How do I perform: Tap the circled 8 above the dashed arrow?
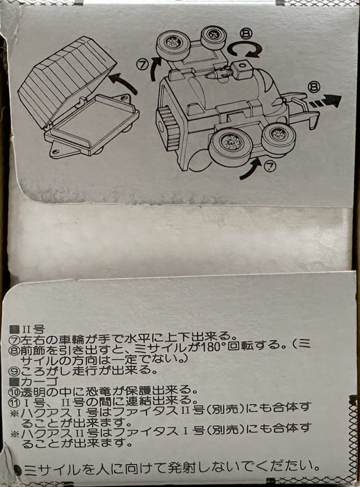click(313, 87)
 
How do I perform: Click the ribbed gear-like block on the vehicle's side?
click(169, 127)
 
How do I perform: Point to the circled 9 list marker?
click(15, 371)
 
